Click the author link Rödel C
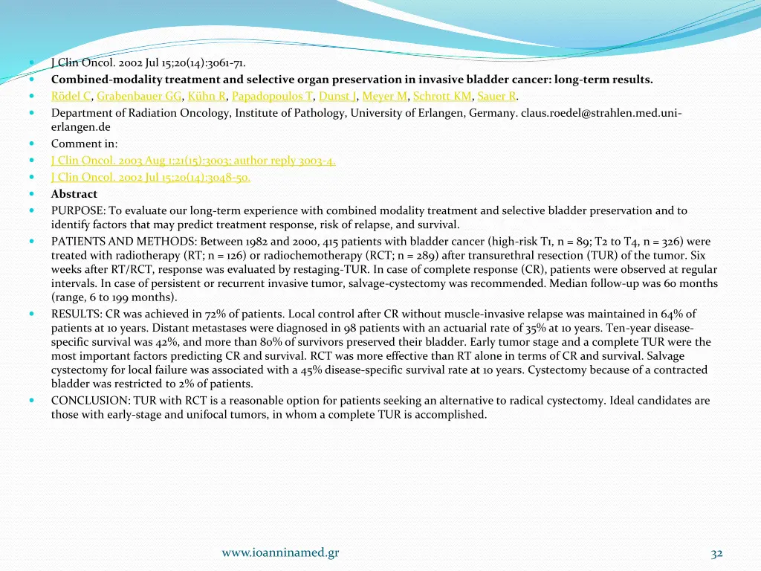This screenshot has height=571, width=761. point(71,96)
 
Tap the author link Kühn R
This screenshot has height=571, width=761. point(206,96)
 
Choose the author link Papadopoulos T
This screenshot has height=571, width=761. point(272,96)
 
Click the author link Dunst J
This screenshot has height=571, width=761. point(338,96)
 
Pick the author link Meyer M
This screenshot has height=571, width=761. point(384,96)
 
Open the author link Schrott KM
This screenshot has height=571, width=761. point(442,96)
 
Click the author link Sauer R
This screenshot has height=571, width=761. point(496,96)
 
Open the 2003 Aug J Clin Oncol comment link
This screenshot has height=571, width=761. point(193,161)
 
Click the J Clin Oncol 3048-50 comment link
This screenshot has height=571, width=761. point(150,177)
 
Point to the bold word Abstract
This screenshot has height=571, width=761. point(74,194)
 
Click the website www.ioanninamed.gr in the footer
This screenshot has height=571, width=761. point(280,552)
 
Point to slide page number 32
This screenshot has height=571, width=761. point(716,553)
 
